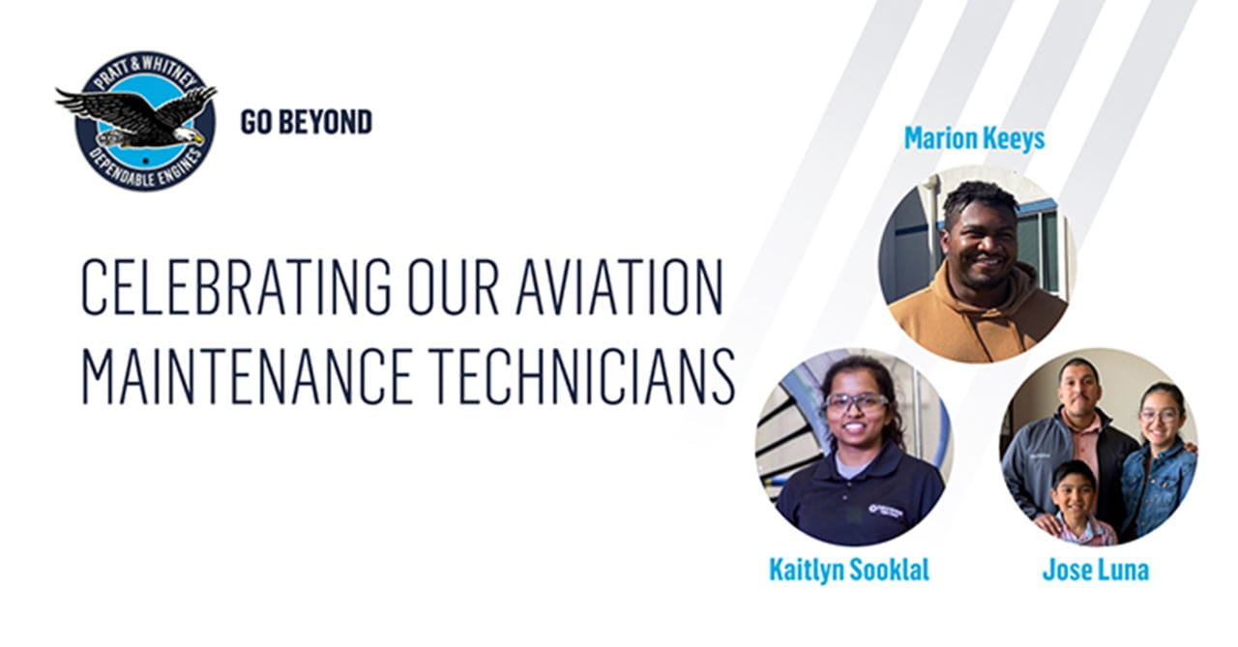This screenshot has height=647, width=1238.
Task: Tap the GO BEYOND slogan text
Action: (306, 122)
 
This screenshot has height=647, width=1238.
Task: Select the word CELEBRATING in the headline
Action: (236, 288)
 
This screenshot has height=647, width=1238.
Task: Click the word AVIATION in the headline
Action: (619, 288)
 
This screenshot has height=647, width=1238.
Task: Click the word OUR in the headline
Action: (453, 288)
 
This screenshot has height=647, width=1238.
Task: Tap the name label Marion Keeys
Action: (974, 138)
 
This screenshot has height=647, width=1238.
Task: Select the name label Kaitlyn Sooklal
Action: (848, 570)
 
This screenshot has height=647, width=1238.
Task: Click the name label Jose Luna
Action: (1095, 570)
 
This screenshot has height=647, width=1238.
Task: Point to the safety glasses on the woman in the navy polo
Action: (856, 402)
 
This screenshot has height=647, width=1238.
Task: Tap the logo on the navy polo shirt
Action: (885, 509)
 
